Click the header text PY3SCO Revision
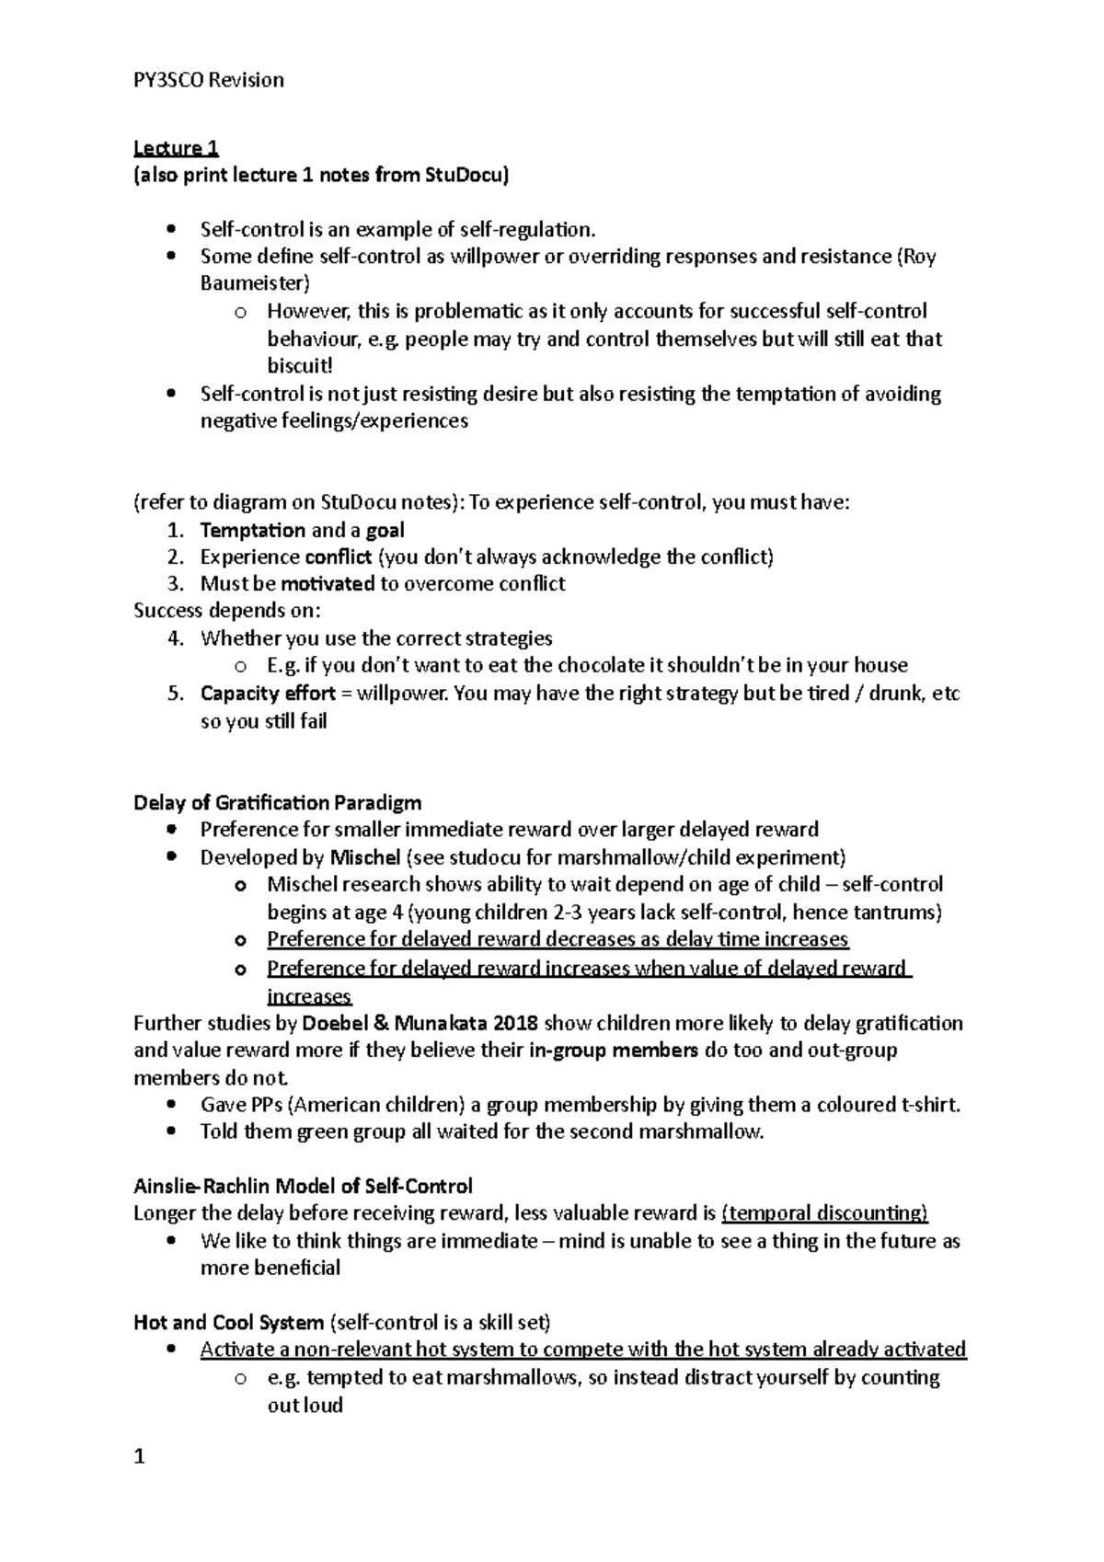(209, 81)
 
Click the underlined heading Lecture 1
(176, 148)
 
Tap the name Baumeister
(255, 283)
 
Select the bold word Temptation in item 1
(252, 531)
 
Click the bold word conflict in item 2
(338, 557)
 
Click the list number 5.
(176, 694)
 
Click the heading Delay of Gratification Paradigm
(277, 803)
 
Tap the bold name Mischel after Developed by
(364, 858)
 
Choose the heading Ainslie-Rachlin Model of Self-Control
(303, 1187)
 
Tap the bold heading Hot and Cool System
(228, 1324)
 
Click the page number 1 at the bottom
(140, 1457)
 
